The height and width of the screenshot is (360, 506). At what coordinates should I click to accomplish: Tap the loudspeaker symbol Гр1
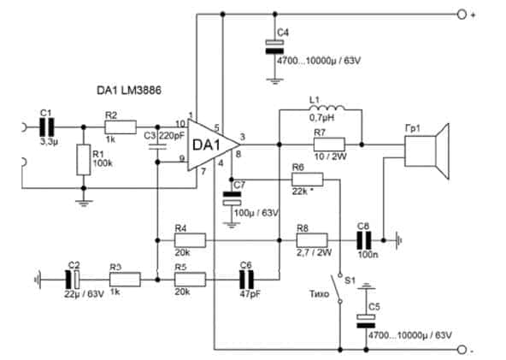tap(426, 151)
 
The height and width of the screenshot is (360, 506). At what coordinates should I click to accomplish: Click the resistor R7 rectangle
tap(329, 145)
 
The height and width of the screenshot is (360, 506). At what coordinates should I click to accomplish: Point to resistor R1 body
tap(83, 160)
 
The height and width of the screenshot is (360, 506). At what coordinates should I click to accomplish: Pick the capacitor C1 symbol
tap(47, 127)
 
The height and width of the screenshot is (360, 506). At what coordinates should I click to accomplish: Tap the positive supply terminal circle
tap(462, 15)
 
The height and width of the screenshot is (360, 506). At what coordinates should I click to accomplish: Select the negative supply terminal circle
tap(462, 350)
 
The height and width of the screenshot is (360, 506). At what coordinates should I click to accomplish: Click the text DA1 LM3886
tap(129, 90)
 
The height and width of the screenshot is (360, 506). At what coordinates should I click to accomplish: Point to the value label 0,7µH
tap(321, 118)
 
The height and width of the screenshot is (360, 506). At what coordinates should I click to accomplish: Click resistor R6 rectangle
tap(307, 180)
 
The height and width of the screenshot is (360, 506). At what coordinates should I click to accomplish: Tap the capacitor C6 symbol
tap(246, 280)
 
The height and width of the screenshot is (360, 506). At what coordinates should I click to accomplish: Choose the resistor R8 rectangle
tap(312, 240)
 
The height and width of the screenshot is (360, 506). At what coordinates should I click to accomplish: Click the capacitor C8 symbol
tap(364, 240)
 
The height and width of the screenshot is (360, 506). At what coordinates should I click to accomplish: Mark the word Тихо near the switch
tap(319, 294)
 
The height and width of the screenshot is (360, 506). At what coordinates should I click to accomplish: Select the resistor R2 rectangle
tap(121, 127)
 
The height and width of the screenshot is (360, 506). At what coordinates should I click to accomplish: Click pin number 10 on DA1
tap(180, 124)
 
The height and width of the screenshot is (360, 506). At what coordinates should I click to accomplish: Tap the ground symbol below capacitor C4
tap(274, 80)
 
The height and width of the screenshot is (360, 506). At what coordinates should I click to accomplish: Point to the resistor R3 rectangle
tap(125, 280)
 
